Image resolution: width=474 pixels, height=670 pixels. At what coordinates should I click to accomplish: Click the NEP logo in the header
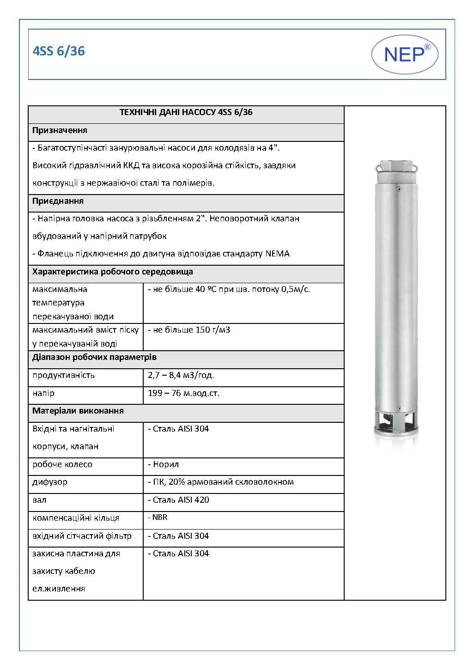click(x=405, y=54)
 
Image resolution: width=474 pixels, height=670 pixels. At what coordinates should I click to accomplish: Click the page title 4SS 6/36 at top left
click(x=59, y=51)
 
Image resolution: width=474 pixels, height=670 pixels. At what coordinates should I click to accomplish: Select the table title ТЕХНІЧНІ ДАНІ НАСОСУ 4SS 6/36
click(x=186, y=112)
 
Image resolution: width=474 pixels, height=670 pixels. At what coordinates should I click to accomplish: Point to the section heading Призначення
click(x=60, y=130)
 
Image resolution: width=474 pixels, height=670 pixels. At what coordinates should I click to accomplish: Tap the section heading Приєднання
click(x=58, y=201)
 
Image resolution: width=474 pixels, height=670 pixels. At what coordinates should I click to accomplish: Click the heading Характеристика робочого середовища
click(x=112, y=272)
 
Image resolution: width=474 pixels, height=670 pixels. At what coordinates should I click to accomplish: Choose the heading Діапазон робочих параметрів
click(x=94, y=358)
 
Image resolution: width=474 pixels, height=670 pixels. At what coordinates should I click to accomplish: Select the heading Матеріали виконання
click(x=78, y=411)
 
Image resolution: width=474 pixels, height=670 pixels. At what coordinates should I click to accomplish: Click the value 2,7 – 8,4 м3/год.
click(x=181, y=375)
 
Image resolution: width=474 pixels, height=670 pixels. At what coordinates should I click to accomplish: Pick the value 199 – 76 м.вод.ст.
click(x=183, y=393)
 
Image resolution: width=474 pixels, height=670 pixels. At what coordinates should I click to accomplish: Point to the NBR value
click(x=159, y=518)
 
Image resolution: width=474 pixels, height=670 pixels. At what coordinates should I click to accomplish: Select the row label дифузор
click(x=50, y=482)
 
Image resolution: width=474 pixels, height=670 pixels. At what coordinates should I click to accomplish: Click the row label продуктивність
click(x=63, y=375)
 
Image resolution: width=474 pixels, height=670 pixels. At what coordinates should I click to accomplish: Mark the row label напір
click(x=43, y=393)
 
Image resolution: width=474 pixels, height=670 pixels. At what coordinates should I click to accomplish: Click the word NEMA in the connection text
click(x=277, y=254)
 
